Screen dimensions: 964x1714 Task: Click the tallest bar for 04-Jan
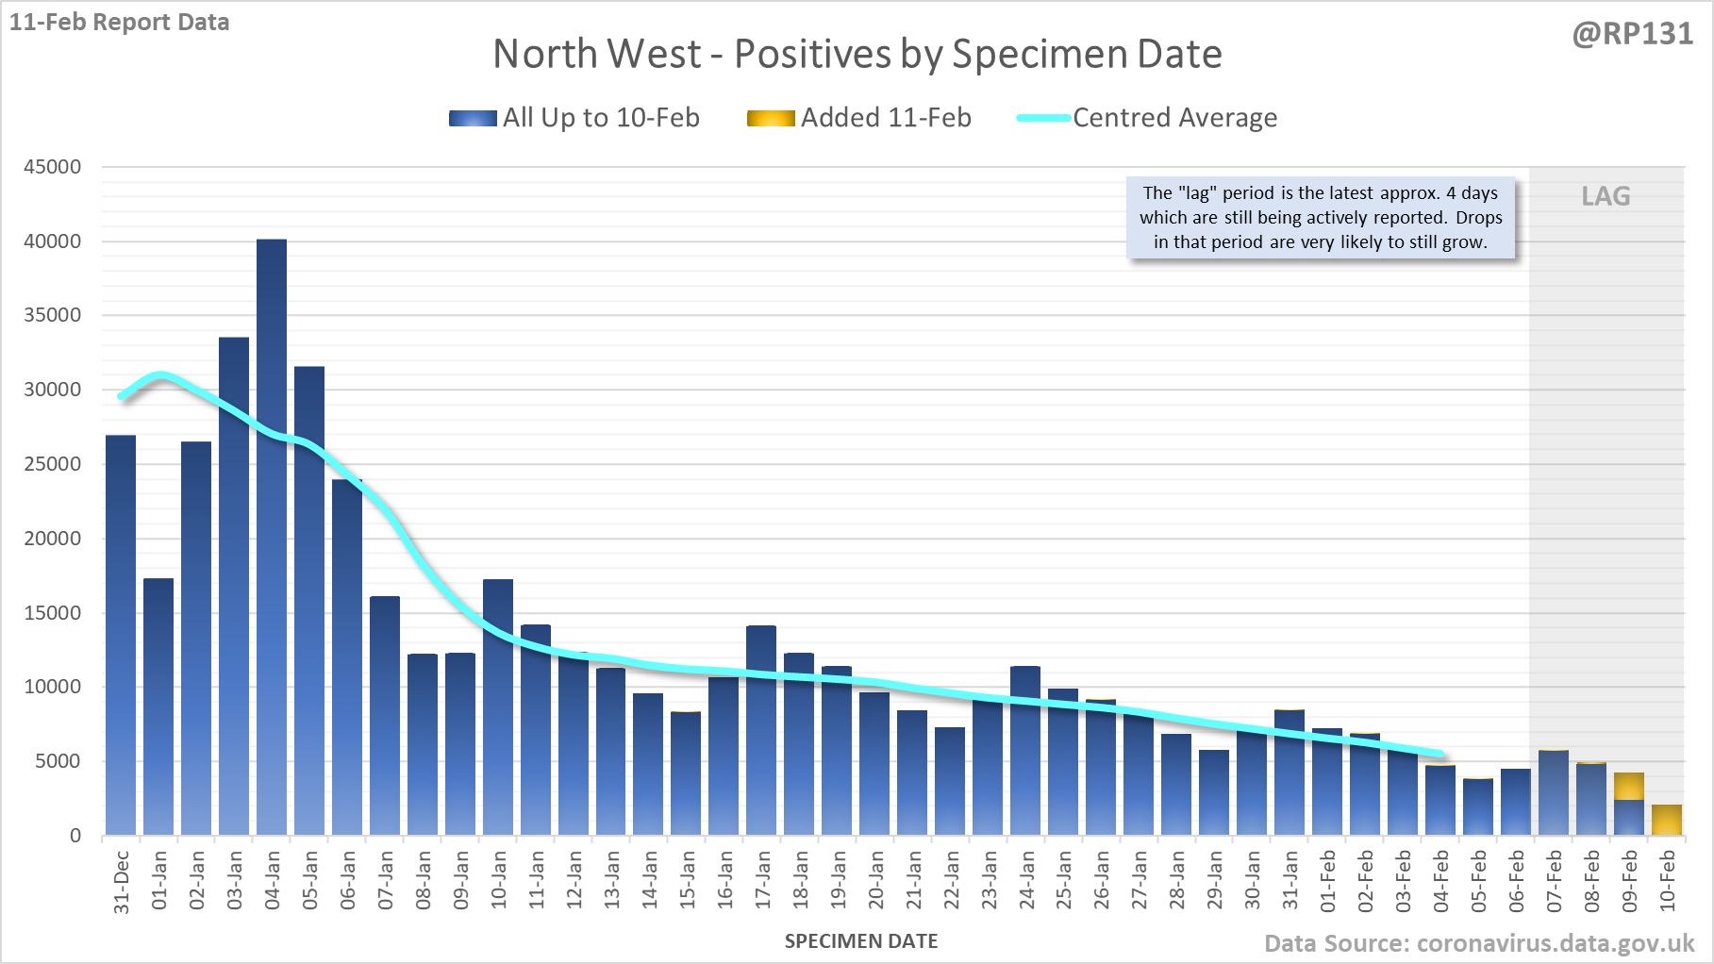point(272,538)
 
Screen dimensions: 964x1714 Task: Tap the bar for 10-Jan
point(498,707)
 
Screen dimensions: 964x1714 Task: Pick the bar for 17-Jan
point(761,730)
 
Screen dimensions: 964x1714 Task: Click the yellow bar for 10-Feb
point(1667,820)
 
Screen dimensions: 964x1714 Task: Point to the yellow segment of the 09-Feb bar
point(1629,786)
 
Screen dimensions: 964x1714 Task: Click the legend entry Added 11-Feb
point(859,118)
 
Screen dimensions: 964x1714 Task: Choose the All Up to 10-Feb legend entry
point(574,118)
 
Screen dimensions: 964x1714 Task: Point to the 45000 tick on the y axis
point(53,167)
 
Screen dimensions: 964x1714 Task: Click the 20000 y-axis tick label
point(53,539)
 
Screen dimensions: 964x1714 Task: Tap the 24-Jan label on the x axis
point(1026,880)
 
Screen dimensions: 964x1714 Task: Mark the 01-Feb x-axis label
point(1328,880)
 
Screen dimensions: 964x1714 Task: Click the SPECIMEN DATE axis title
point(861,941)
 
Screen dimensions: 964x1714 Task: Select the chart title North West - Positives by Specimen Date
point(857,54)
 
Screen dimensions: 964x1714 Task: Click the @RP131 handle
point(1632,34)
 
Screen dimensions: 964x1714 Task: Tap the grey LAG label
point(1606,196)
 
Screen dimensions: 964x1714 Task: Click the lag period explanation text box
point(1321,218)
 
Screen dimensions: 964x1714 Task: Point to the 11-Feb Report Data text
point(120,22)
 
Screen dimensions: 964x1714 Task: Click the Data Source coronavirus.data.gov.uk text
point(1479,943)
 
